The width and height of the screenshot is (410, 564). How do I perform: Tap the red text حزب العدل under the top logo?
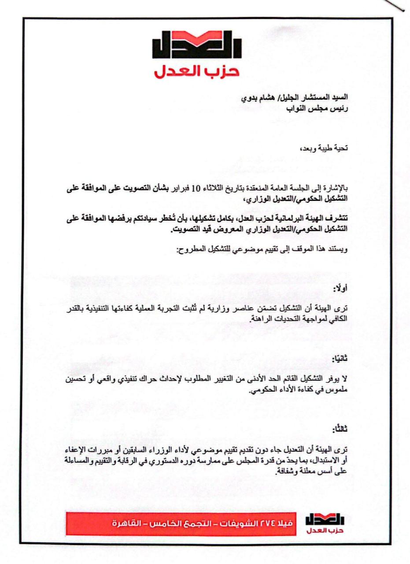pos(196,71)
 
